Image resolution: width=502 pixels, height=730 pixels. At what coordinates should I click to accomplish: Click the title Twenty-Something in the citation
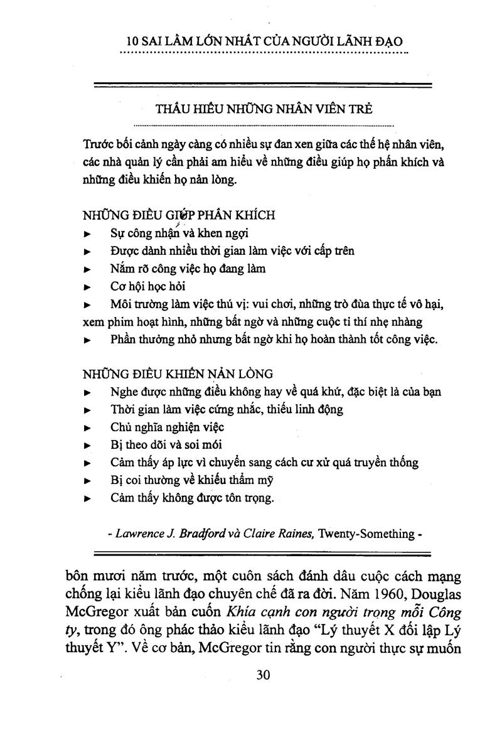point(366,534)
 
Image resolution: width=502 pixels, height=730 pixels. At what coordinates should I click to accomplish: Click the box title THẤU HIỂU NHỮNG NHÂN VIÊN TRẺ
point(264,109)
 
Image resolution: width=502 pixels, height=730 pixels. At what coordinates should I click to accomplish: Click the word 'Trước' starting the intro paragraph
point(99,144)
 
